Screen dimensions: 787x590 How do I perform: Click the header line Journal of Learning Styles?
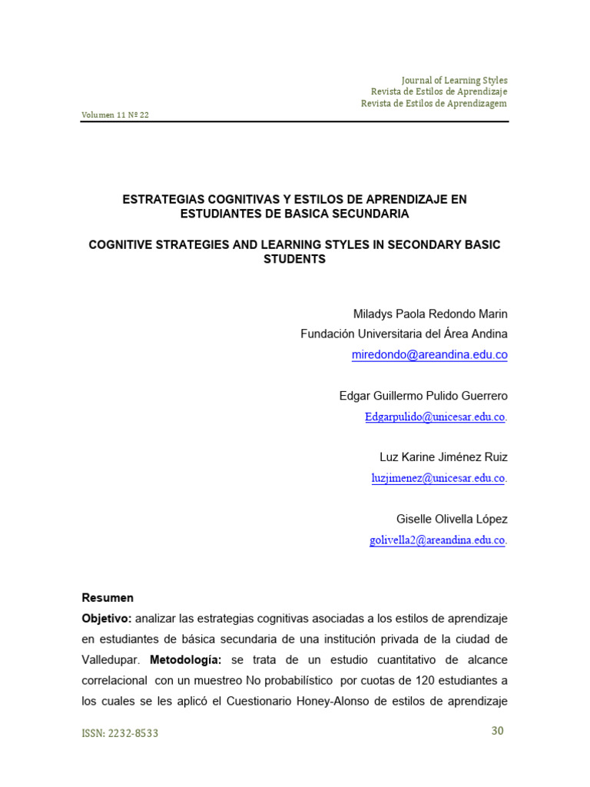[x=454, y=80]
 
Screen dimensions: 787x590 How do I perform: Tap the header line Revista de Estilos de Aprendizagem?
[x=434, y=104]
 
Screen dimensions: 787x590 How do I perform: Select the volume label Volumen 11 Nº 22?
[x=115, y=115]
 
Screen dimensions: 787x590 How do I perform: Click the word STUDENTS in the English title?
[x=294, y=259]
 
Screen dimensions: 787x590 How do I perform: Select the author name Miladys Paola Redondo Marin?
[x=430, y=314]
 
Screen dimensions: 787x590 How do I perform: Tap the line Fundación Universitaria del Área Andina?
[x=404, y=334]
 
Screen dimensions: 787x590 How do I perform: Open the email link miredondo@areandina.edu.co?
[x=429, y=355]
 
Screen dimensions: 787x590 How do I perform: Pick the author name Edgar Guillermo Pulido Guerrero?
[x=423, y=396]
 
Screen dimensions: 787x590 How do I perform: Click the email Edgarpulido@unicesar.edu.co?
[x=435, y=417]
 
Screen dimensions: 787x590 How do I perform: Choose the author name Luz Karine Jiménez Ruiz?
[x=443, y=457]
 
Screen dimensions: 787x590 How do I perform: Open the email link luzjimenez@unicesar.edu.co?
[x=438, y=478]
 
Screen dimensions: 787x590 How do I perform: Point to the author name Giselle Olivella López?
[x=452, y=520]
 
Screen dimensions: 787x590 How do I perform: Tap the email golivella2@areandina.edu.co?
[x=437, y=540]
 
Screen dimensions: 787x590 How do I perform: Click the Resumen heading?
[x=108, y=598]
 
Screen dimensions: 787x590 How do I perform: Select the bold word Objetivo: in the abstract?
[x=107, y=619]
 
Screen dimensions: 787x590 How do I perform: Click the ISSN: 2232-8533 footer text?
[x=120, y=733]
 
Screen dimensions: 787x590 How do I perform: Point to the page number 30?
[x=497, y=731]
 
